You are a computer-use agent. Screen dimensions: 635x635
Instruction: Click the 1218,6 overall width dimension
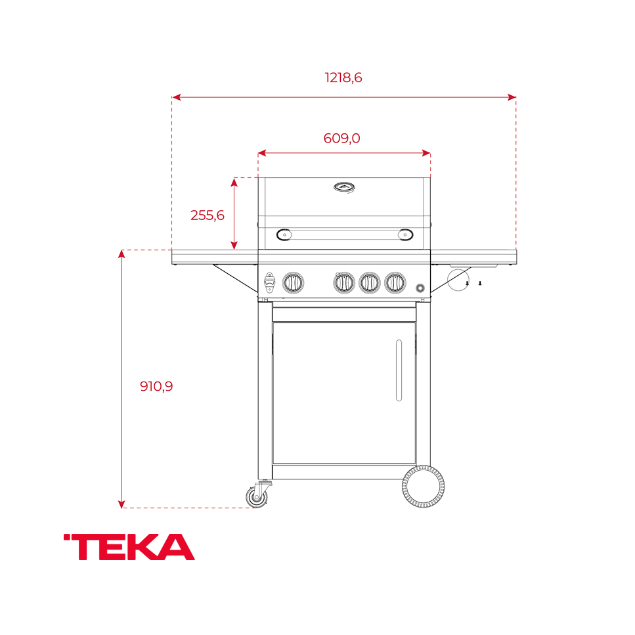(x=343, y=77)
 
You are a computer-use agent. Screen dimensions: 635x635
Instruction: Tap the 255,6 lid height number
(x=208, y=215)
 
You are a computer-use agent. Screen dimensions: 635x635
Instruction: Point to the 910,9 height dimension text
(x=156, y=386)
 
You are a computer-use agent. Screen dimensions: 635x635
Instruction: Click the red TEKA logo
(x=129, y=547)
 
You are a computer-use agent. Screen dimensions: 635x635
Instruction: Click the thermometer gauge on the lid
(x=345, y=187)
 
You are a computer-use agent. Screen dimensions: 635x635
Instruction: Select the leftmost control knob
(x=293, y=283)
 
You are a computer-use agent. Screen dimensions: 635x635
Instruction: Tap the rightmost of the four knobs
(x=395, y=283)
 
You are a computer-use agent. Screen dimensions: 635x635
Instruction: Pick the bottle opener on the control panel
(x=269, y=282)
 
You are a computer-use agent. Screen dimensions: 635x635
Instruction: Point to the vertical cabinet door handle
(x=399, y=370)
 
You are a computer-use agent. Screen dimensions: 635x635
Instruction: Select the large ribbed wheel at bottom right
(x=424, y=487)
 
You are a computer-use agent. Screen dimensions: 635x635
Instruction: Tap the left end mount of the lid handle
(x=284, y=234)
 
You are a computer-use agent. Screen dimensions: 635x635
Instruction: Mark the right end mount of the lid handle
(x=406, y=234)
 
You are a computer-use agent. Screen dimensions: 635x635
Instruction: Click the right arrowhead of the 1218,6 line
(x=512, y=97)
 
